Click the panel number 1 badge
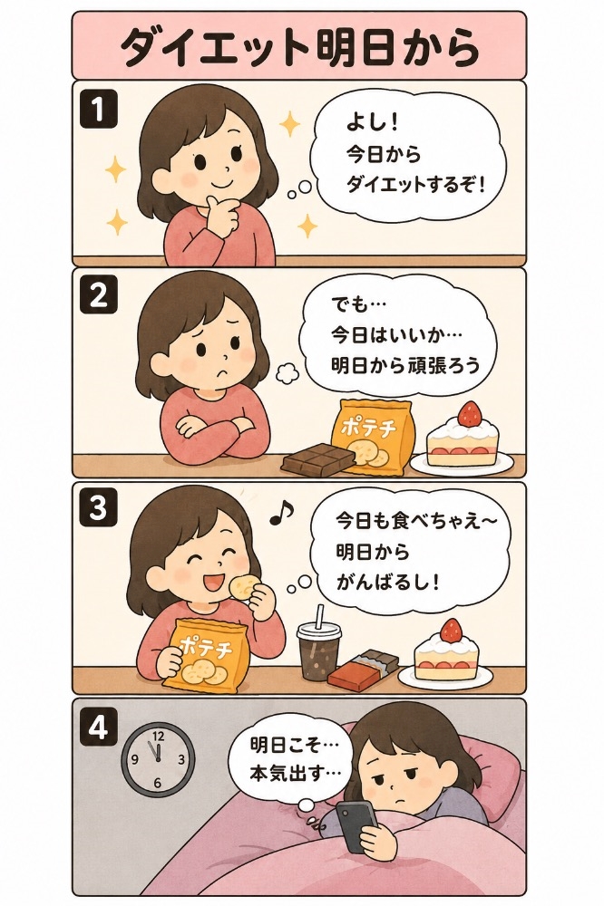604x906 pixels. [x=99, y=111]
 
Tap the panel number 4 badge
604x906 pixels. [x=98, y=728]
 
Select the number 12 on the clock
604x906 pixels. [x=159, y=736]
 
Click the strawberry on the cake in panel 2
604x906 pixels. [x=470, y=413]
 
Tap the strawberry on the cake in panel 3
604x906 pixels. [x=453, y=630]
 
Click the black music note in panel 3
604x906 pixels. [x=282, y=511]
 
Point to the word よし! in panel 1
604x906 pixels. [x=366, y=122]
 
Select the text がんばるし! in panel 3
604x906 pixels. [x=387, y=583]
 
